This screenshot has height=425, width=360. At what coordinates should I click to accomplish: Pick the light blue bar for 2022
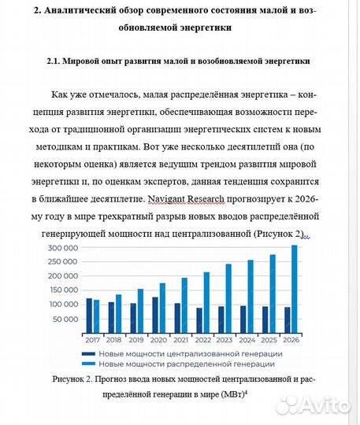207,301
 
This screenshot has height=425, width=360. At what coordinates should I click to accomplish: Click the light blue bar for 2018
118,311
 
